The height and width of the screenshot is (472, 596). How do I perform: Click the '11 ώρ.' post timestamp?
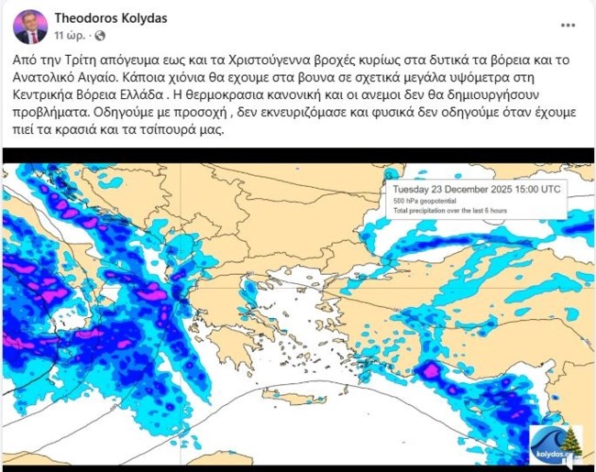point(71,36)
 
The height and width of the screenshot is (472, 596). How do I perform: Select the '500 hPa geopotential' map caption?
point(427,201)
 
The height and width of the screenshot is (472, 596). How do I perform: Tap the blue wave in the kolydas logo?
point(548,438)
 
